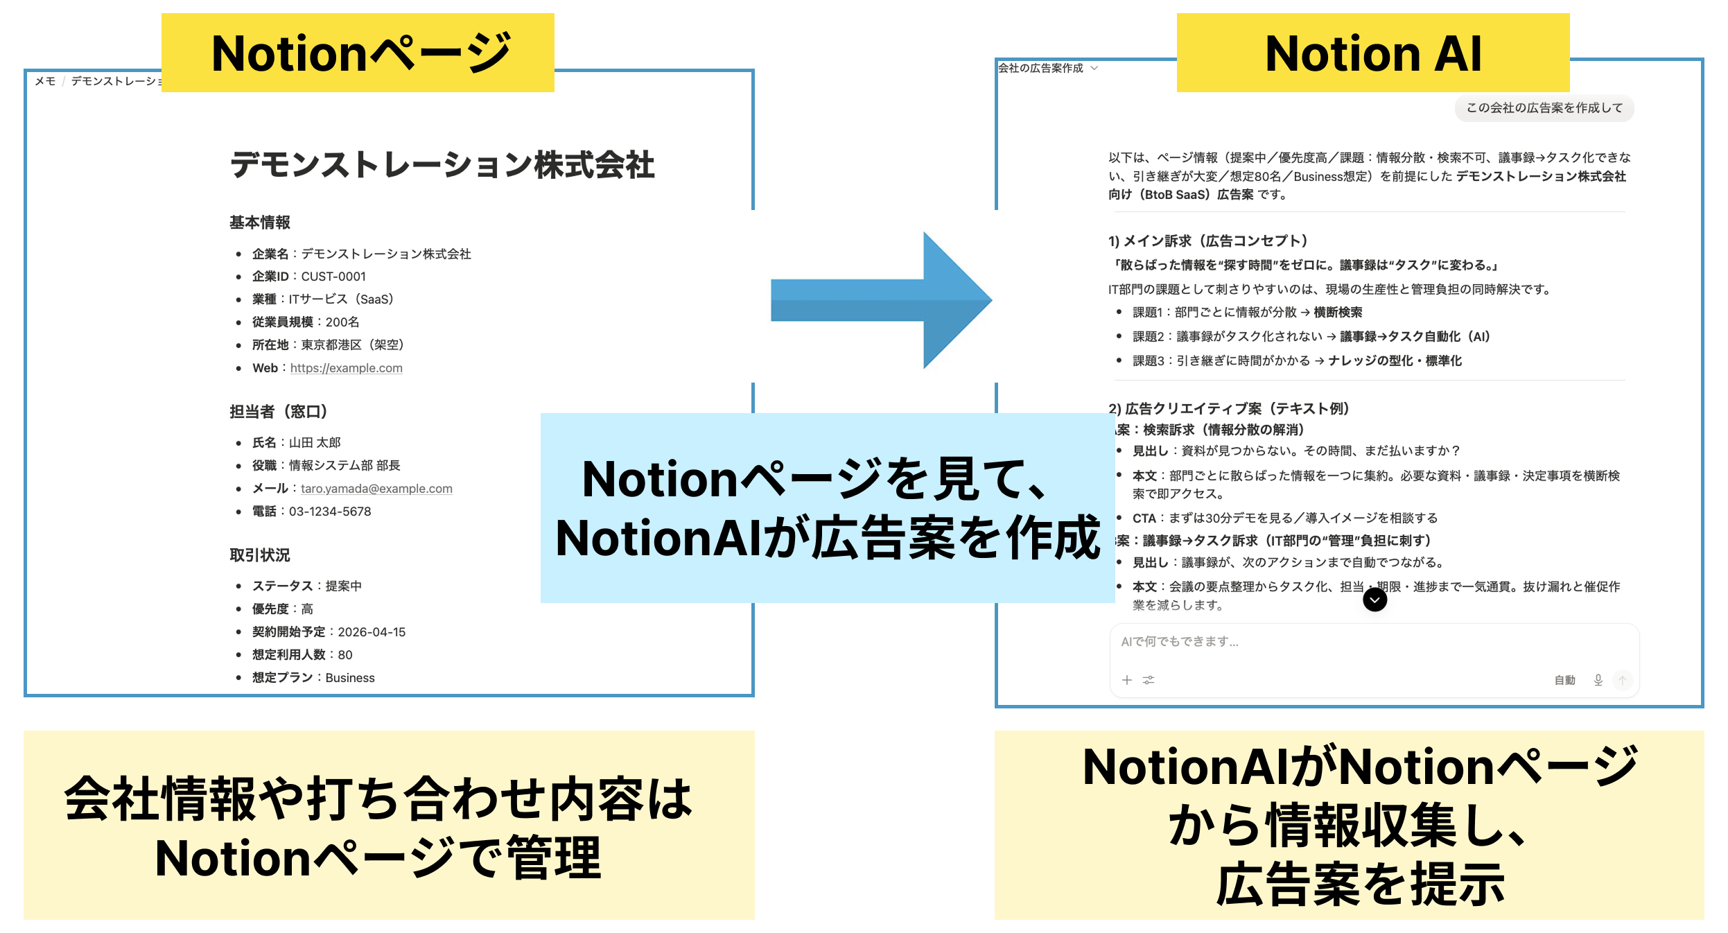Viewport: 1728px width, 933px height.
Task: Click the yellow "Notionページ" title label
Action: [x=358, y=53]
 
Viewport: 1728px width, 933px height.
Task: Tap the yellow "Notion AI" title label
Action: [x=1372, y=53]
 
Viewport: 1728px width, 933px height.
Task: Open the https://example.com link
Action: [x=346, y=368]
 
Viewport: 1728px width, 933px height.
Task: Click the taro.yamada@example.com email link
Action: [x=376, y=489]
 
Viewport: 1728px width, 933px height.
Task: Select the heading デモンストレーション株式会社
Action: [x=442, y=165]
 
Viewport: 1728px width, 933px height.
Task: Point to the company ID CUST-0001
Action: [x=333, y=277]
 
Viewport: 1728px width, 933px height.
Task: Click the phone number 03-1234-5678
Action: [x=330, y=512]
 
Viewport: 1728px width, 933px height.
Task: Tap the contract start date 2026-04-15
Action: [x=372, y=632]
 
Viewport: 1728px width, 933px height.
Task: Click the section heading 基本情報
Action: [x=260, y=223]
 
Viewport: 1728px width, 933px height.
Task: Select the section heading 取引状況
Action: [x=260, y=555]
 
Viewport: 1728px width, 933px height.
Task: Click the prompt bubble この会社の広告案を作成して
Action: [x=1544, y=108]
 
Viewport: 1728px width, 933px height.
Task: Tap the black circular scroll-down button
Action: [x=1374, y=600]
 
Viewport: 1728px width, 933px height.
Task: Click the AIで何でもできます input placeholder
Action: [x=1180, y=642]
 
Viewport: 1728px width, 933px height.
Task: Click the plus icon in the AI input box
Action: [x=1127, y=680]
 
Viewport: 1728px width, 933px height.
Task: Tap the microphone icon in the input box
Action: [x=1598, y=680]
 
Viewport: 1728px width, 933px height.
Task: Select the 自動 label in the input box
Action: [x=1564, y=681]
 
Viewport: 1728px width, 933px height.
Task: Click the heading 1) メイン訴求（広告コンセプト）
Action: [x=1207, y=241]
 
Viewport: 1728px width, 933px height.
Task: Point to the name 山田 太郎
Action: [x=315, y=443]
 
